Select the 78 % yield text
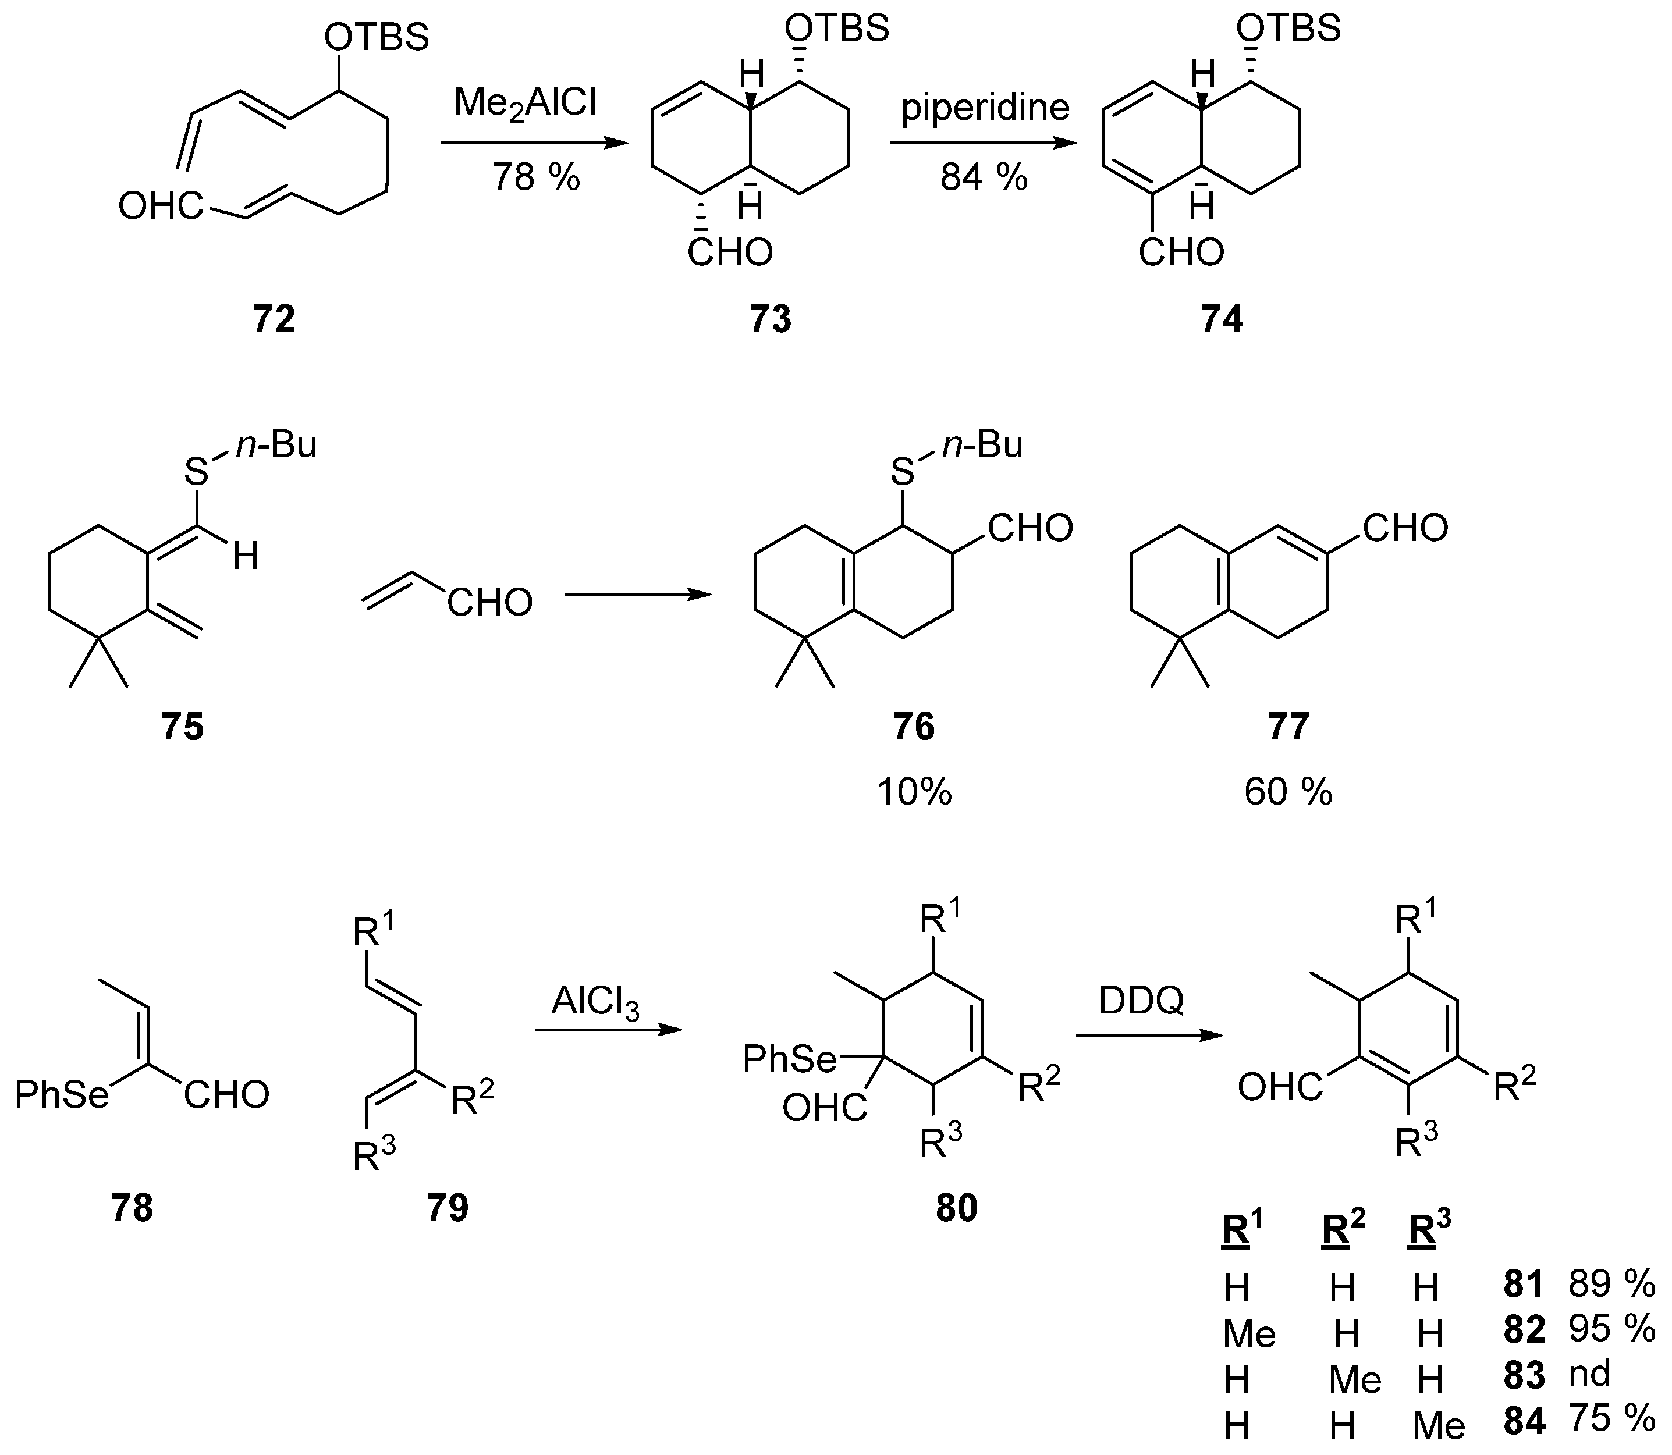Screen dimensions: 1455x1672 pos(536,176)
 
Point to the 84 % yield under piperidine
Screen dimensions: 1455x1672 pos(984,176)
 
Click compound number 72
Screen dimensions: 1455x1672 pos(274,319)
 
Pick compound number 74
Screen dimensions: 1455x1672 pos(1222,319)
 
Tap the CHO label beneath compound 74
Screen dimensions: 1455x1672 pos(1181,253)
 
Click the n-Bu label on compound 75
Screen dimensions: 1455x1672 pos(276,445)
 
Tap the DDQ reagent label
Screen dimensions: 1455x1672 pos(1141,1001)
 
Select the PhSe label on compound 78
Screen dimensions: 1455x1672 pos(62,1095)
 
